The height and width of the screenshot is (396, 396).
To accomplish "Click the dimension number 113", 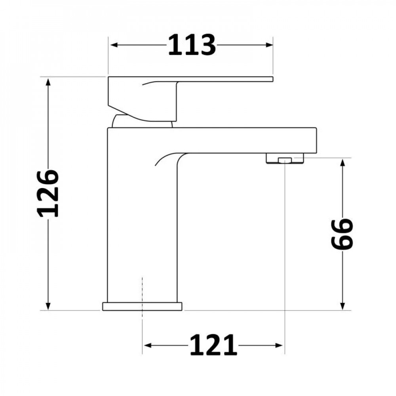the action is (192, 45).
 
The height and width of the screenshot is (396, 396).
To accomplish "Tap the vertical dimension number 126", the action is (48, 194).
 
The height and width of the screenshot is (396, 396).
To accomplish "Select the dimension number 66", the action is (342, 234).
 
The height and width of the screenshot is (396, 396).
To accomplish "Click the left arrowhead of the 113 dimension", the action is (114, 45).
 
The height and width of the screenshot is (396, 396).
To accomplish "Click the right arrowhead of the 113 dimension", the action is (269, 45).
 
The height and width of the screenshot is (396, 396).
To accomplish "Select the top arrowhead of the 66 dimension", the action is (343, 163).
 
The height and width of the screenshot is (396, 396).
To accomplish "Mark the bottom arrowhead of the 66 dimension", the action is (343, 306).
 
